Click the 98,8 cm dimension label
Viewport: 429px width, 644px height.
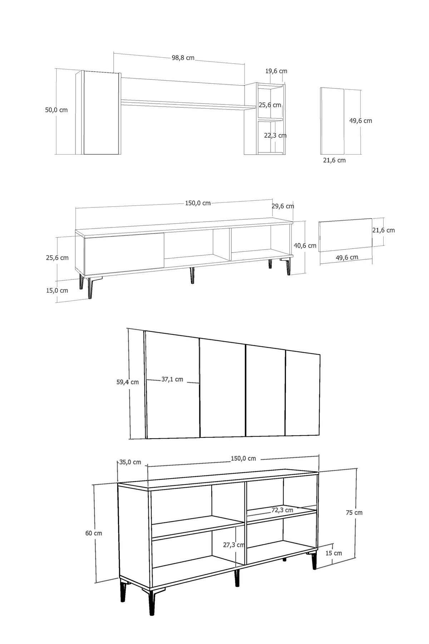183,58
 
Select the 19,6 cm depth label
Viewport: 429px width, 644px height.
276,71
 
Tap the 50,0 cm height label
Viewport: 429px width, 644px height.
56,110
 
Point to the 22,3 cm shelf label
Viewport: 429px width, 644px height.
275,135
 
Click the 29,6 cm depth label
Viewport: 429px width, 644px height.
283,206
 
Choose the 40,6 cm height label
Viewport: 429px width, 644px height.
305,245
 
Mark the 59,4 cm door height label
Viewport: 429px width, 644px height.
128,382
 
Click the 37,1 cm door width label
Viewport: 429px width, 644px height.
172,379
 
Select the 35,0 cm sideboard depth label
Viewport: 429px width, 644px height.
130,462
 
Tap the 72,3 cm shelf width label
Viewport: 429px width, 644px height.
282,510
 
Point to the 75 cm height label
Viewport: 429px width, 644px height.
354,513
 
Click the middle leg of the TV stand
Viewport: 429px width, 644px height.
192,275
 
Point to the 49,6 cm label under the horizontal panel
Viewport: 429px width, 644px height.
347,257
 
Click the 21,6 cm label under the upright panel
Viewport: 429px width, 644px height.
334,160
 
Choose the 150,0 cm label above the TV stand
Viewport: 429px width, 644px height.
198,203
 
